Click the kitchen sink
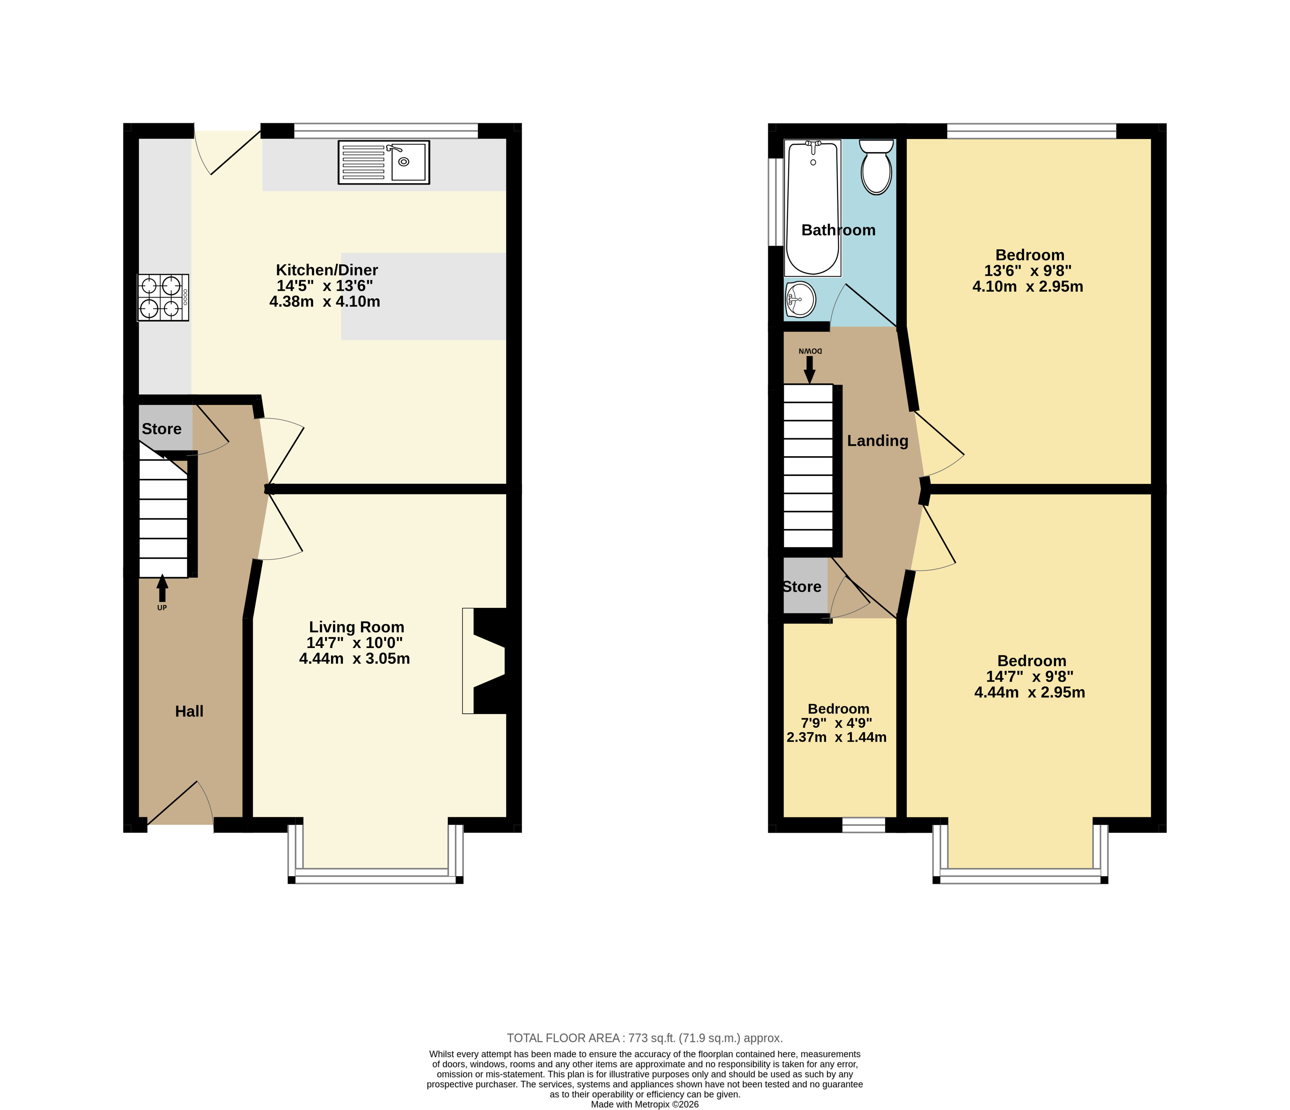(x=384, y=162)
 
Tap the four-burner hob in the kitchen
(x=163, y=297)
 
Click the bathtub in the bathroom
(x=813, y=208)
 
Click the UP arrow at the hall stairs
(x=162, y=588)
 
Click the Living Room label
(x=357, y=627)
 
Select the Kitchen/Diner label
(x=327, y=270)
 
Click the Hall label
(x=189, y=711)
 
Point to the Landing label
(x=878, y=441)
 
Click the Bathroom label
(x=839, y=230)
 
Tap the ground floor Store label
(x=162, y=429)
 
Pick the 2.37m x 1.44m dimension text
(x=837, y=737)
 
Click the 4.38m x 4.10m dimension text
(x=325, y=302)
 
